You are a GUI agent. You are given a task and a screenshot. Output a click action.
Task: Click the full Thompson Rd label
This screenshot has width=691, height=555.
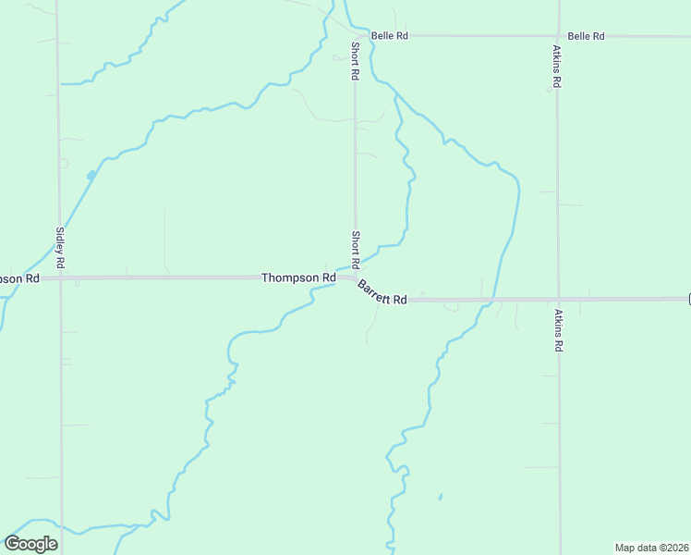click(x=298, y=277)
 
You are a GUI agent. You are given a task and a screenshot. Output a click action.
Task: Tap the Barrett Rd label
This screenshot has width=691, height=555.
click(x=382, y=292)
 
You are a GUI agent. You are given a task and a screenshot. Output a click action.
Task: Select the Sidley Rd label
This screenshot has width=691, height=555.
click(x=60, y=248)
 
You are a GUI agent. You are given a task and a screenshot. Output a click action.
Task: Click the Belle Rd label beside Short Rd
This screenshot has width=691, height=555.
click(x=389, y=36)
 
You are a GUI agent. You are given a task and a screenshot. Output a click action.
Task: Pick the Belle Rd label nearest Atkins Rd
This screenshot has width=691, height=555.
click(x=586, y=36)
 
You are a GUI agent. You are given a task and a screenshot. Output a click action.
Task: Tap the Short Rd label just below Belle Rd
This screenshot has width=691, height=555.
click(x=355, y=60)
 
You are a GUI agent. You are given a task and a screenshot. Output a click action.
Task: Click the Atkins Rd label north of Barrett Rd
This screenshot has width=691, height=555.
click(x=558, y=66)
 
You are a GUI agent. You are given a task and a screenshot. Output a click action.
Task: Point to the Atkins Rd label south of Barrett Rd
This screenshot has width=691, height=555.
click(x=559, y=329)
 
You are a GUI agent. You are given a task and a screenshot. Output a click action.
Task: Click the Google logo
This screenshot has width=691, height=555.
click(x=30, y=544)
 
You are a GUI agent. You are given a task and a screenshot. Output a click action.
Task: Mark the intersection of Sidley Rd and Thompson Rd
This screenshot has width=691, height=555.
click(x=60, y=277)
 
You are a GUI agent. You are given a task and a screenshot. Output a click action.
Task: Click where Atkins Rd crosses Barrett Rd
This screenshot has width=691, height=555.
click(x=558, y=299)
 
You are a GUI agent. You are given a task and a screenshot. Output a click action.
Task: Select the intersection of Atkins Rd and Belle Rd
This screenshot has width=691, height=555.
click(x=558, y=36)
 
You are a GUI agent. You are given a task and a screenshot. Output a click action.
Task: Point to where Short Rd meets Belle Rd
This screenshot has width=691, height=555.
click(x=355, y=36)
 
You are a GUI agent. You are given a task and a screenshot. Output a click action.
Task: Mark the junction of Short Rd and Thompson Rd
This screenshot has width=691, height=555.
click(x=355, y=277)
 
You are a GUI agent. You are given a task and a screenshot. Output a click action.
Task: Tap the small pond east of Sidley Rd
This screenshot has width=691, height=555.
click(x=91, y=175)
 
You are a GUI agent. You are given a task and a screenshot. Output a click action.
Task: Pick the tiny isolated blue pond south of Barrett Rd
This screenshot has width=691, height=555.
click(x=440, y=497)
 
